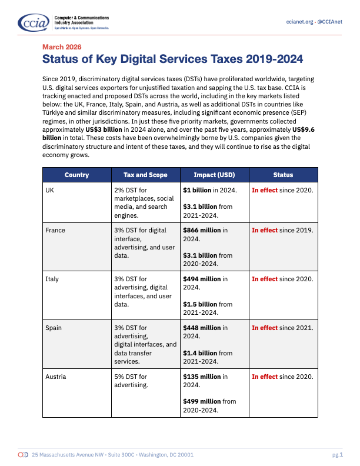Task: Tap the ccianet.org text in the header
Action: pyautogui.click(x=298, y=22)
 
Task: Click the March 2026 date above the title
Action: pyautogui.click(x=62, y=46)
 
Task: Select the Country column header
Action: pyautogui.click(x=77, y=175)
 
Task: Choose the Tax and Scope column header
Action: pyautogui.click(x=145, y=175)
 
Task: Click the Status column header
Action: pyautogui.click(x=283, y=175)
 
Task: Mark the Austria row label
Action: pyautogui.click(x=56, y=376)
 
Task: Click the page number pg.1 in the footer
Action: pyautogui.click(x=337, y=455)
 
